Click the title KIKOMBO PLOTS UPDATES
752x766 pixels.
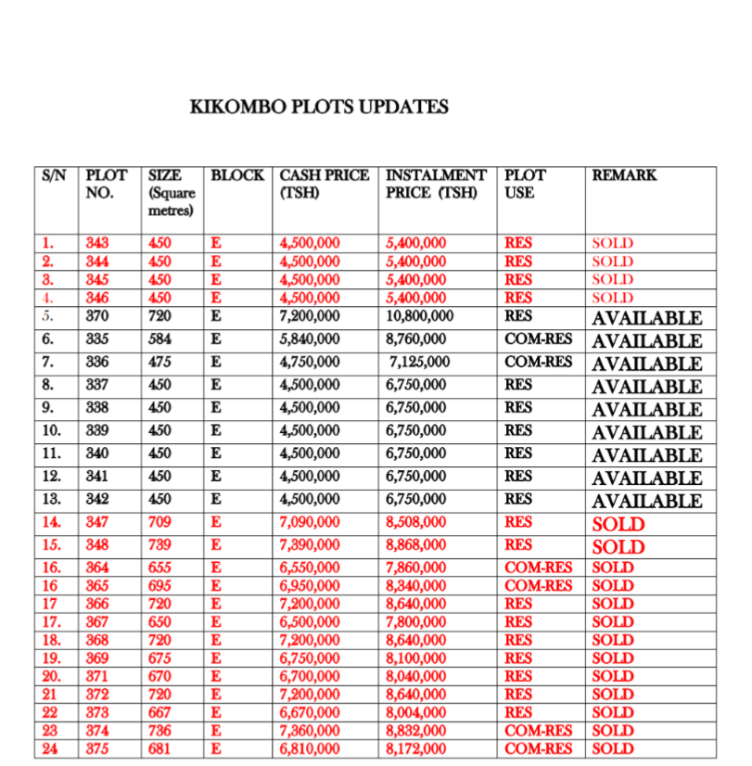click(x=318, y=107)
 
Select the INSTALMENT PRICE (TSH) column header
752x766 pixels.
click(x=435, y=184)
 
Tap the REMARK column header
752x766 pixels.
click(x=624, y=174)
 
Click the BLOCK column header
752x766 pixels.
click(x=237, y=174)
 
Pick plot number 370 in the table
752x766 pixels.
click(x=97, y=316)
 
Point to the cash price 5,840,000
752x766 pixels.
click(x=310, y=339)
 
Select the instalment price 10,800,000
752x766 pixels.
click(x=419, y=316)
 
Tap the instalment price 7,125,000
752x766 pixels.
click(x=419, y=362)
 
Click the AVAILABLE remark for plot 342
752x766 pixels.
click(x=647, y=501)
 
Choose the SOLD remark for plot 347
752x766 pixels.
click(x=618, y=524)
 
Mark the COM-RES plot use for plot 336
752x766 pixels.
click(x=538, y=362)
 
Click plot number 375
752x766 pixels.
click(x=97, y=748)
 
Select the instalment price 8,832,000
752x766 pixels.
click(x=417, y=731)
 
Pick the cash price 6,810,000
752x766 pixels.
click(x=310, y=748)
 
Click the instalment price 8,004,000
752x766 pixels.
click(x=417, y=712)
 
